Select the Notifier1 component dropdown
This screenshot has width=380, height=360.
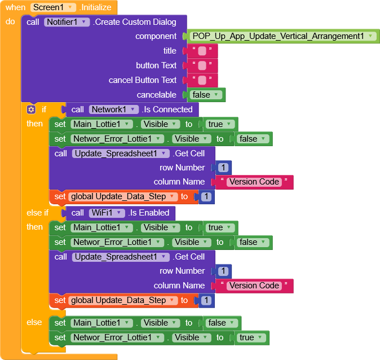point(67,22)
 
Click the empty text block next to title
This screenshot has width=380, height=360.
point(202,51)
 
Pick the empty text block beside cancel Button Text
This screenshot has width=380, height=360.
point(202,80)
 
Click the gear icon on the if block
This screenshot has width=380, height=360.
point(31,109)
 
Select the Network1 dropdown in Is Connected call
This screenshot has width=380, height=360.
point(114,109)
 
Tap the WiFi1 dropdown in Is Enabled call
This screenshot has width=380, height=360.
point(107,213)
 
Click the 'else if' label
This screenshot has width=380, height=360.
point(38,213)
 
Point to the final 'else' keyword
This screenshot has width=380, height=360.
point(34,322)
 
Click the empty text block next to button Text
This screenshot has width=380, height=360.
point(202,65)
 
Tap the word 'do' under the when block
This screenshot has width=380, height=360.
point(10,21)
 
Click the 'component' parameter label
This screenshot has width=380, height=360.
point(156,36)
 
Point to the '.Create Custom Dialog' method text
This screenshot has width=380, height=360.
point(135,22)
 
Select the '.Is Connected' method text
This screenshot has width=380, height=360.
point(167,109)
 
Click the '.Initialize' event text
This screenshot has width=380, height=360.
point(95,7)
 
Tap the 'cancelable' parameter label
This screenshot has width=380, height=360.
point(157,95)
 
